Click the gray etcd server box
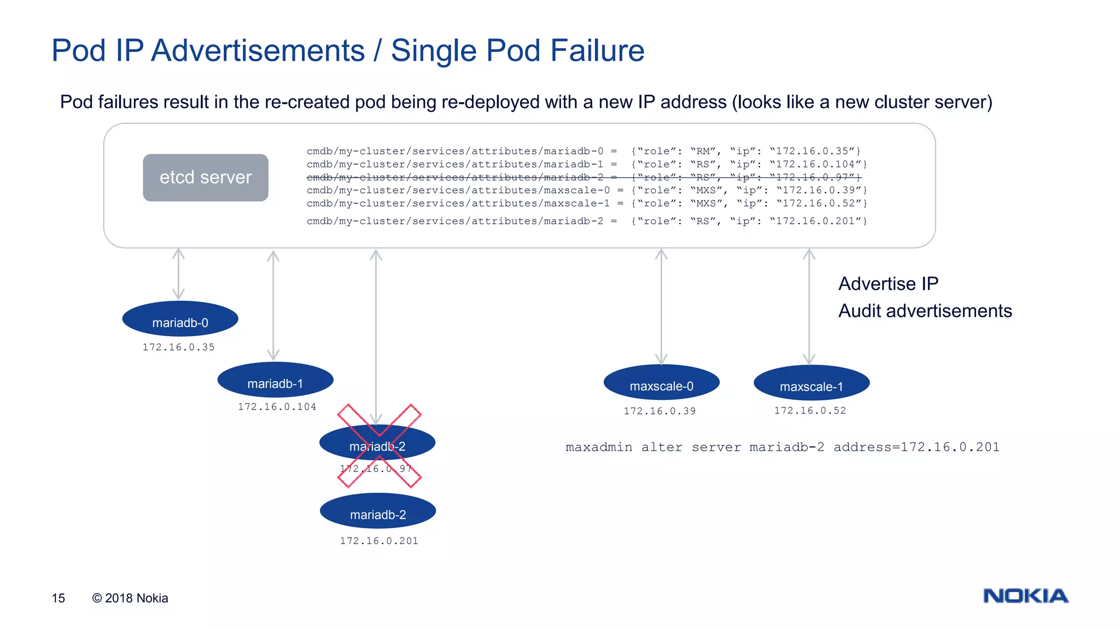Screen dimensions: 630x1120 [205, 177]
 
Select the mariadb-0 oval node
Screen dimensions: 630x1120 [180, 319]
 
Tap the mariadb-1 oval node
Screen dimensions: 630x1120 [275, 381]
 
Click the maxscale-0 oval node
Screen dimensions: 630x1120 [661, 383]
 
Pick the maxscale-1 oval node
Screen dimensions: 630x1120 [811, 383]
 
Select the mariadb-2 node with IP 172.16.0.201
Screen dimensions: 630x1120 [377, 511]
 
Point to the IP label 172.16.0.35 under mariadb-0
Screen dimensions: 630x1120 [178, 347]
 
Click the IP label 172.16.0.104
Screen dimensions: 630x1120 [277, 407]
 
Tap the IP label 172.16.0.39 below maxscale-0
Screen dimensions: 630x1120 [660, 411]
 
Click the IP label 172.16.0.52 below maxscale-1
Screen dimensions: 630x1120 [810, 411]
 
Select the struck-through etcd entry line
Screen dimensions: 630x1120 [584, 177]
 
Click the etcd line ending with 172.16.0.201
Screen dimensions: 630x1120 [586, 221]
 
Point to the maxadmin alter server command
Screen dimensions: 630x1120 [782, 447]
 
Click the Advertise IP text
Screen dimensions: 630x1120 [888, 284]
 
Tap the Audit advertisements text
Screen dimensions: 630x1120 [925, 311]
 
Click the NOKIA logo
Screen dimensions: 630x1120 [1025, 596]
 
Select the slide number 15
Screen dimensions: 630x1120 [59, 598]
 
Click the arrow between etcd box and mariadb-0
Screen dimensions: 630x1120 [178, 274]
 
